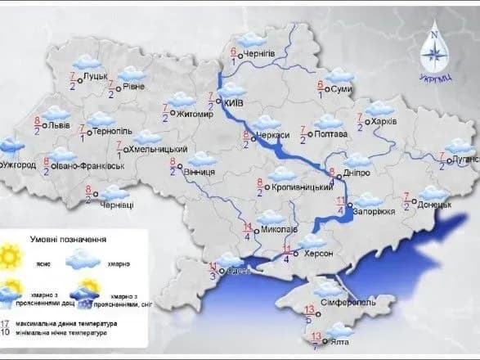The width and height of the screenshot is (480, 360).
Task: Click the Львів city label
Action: (59, 127)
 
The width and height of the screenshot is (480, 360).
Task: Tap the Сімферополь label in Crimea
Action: (349, 301)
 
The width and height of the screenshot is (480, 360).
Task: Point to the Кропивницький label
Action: (298, 187)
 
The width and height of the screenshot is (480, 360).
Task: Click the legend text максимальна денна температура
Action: (72, 324)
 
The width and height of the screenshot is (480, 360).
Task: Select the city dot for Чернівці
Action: (96, 194)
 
